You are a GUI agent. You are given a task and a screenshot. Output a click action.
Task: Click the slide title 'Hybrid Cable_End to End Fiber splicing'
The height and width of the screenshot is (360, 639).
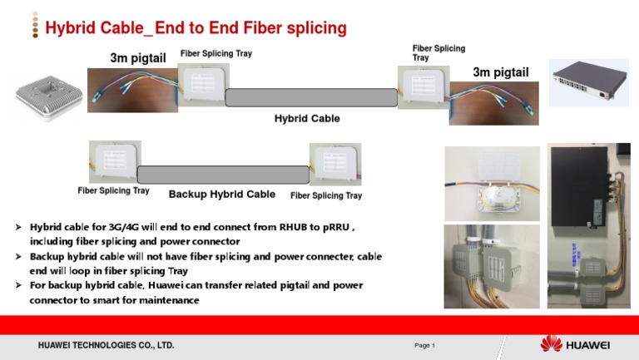tap(196, 29)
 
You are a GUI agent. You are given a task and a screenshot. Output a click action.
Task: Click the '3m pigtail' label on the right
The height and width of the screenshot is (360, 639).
tap(500, 72)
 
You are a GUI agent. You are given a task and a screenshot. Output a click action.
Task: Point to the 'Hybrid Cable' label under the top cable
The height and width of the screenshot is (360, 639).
tap(307, 119)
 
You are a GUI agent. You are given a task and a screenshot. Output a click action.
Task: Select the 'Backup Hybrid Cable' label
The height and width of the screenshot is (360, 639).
tap(222, 195)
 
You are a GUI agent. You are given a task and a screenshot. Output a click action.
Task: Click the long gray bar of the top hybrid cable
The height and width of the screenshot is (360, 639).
tap(310, 96)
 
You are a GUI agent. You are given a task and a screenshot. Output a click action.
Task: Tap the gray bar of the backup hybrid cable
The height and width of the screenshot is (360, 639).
tap(223, 175)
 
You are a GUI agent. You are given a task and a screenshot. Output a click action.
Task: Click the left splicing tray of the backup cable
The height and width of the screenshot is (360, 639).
tap(115, 161)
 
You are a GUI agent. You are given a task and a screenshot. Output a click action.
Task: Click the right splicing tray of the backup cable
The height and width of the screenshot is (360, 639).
tap(335, 165)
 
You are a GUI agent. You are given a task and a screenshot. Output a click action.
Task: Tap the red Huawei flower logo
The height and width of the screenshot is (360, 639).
tap(551, 344)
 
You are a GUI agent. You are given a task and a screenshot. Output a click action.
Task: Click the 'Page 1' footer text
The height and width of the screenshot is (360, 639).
tap(425, 345)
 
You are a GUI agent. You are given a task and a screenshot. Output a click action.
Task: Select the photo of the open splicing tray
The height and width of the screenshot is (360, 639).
tap(492, 183)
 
